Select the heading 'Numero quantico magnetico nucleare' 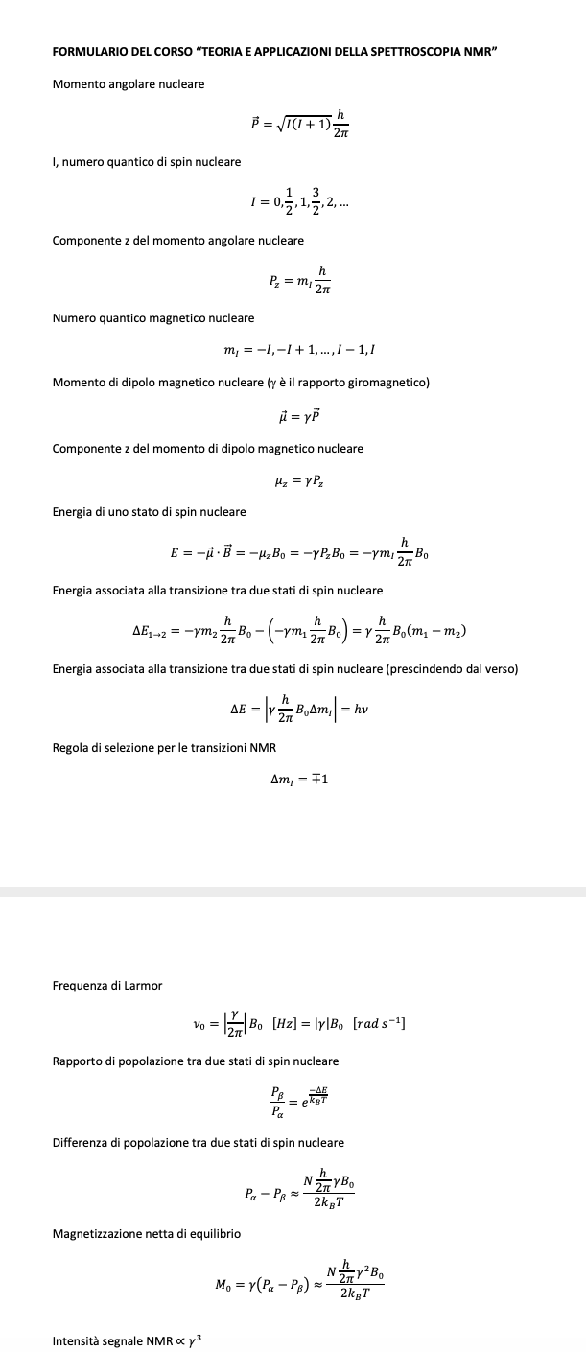click(x=153, y=317)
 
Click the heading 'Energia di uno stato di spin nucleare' click(x=149, y=512)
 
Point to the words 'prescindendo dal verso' click(x=451, y=668)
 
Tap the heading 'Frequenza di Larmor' click(x=107, y=985)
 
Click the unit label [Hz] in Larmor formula click(x=289, y=1025)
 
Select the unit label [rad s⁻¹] click(x=379, y=1025)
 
